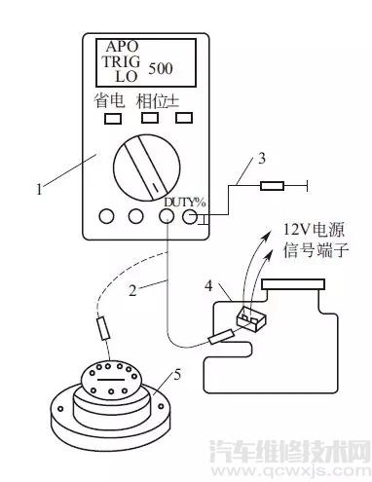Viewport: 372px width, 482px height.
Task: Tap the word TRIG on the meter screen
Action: tap(122, 61)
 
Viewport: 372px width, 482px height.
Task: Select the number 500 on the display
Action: tap(161, 68)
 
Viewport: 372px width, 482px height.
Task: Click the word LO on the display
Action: tap(127, 76)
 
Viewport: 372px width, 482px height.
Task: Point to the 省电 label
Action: tap(109, 100)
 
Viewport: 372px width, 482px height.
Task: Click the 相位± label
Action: tap(158, 100)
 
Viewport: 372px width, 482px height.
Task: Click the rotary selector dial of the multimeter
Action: tap(147, 167)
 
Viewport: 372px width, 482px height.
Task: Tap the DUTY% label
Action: tap(184, 203)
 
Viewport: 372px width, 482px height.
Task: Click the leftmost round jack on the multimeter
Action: tap(106, 216)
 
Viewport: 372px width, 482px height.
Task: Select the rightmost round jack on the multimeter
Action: tap(190, 216)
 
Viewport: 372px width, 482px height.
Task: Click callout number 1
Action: tap(39, 189)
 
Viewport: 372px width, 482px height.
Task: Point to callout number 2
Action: tap(132, 290)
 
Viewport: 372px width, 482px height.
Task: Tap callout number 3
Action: tap(262, 158)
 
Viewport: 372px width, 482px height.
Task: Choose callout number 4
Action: tap(208, 286)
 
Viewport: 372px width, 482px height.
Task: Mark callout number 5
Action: tap(177, 375)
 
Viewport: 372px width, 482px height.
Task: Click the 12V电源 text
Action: tap(314, 230)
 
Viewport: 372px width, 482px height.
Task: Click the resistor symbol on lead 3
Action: tap(272, 186)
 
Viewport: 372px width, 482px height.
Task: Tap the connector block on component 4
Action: tap(251, 319)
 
